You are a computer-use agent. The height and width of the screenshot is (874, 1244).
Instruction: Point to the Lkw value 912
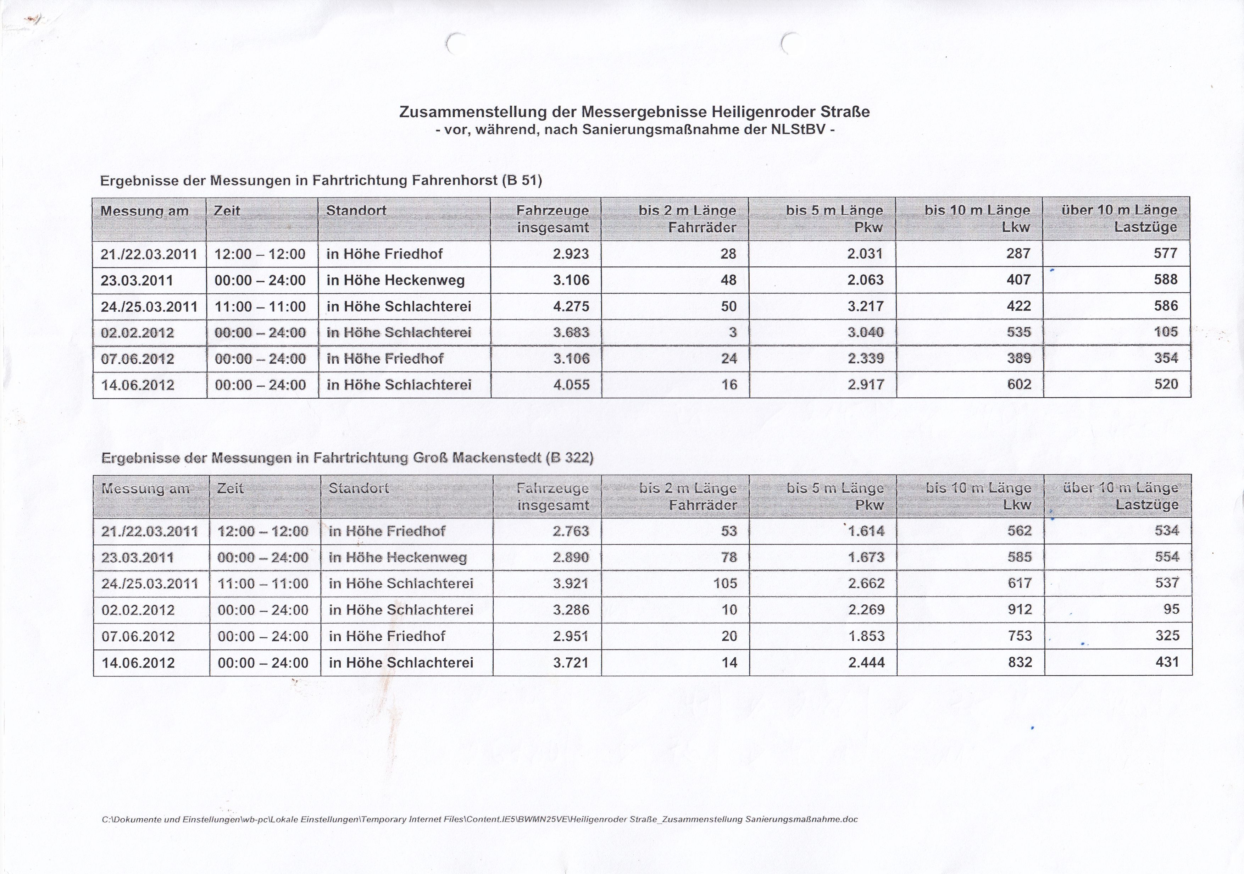(x=1019, y=610)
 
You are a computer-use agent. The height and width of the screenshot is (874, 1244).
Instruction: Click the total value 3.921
(x=571, y=583)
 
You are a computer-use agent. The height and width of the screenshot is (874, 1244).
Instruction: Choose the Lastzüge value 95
(x=1171, y=609)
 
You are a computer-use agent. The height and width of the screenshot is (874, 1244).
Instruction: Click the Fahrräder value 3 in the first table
(x=733, y=332)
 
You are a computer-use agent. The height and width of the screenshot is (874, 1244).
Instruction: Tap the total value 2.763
(x=571, y=531)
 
